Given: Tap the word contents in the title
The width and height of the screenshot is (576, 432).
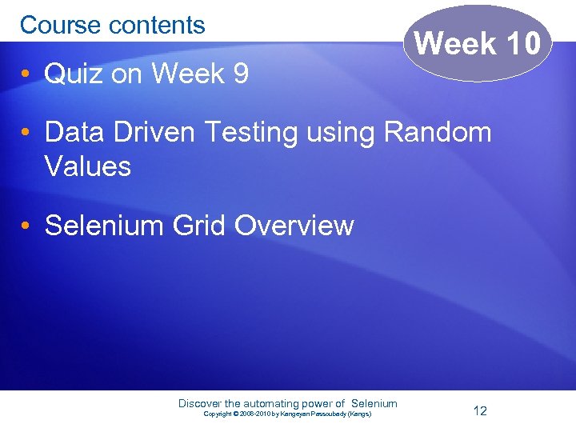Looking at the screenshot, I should point(157,26).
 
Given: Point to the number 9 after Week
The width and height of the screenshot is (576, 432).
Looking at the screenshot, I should point(239,74).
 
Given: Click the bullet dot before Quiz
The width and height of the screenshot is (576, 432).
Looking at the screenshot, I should point(26,74).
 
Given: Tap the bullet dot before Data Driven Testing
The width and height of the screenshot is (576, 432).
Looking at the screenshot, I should point(26,131).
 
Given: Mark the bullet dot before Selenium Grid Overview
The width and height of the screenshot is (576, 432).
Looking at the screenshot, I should point(26,226).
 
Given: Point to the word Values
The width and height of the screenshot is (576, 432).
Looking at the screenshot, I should point(88,166).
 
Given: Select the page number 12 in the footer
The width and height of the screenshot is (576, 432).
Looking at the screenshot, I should point(480,411).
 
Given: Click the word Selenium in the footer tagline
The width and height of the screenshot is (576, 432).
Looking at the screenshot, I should point(374,404).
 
